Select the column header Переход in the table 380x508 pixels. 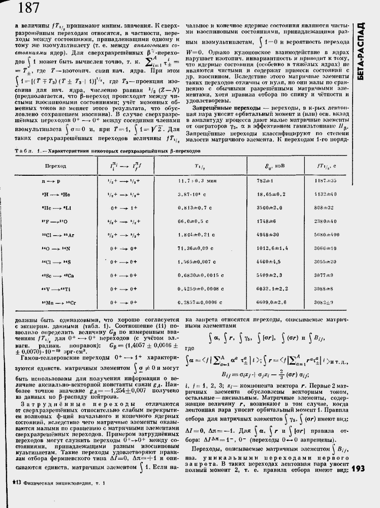(55, 166)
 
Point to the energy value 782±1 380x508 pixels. (266, 180)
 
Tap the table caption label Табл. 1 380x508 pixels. (18, 151)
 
